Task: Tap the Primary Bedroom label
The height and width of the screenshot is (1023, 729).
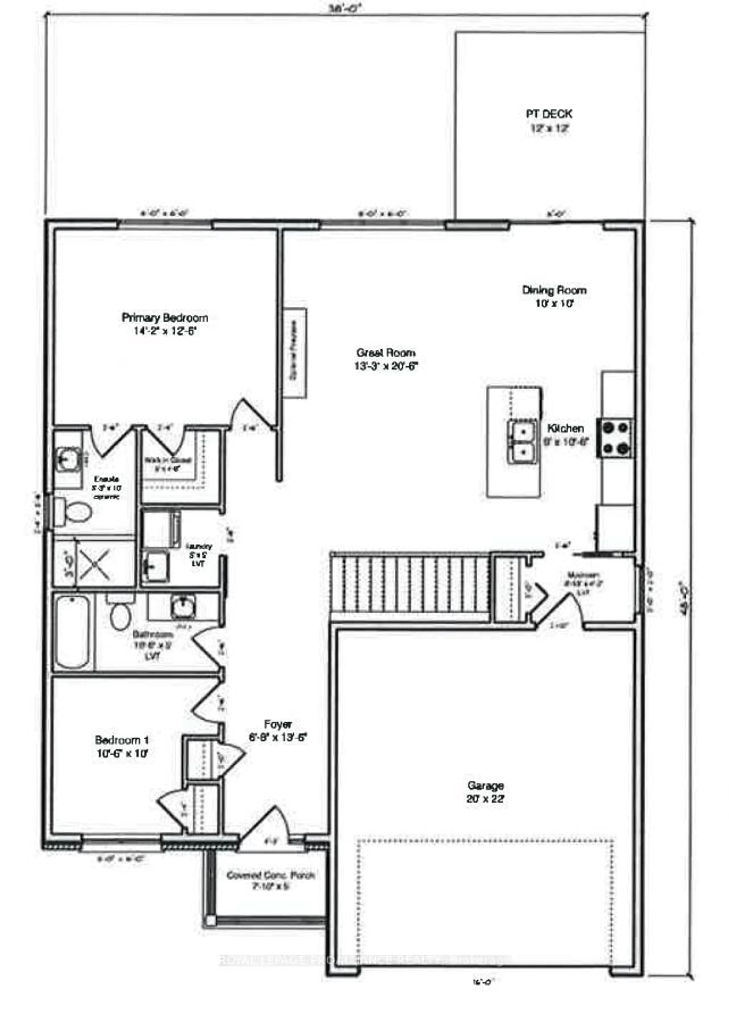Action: pos(165,318)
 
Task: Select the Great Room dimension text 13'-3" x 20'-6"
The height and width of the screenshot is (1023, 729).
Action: pos(386,366)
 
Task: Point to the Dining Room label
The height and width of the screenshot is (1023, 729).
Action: pos(554,290)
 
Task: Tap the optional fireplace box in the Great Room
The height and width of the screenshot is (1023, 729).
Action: pos(294,353)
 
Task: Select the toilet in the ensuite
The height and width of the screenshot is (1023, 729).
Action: pos(74,512)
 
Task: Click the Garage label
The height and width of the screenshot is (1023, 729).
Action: pos(485,786)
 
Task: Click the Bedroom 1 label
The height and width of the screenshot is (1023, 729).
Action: pos(122,740)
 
